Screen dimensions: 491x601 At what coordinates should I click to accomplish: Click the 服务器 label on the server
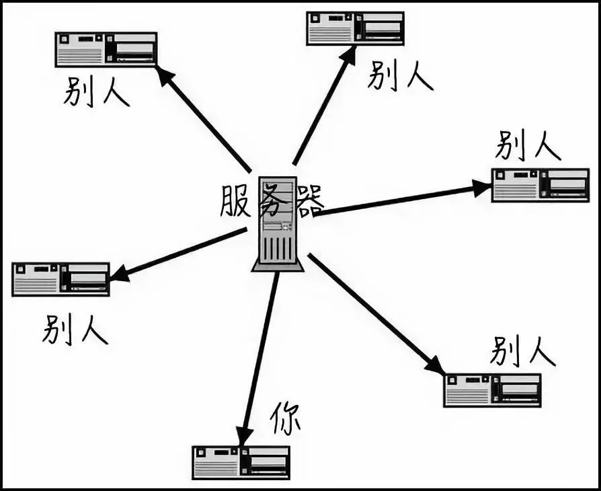tap(272, 200)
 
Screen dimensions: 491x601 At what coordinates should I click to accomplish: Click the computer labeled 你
tap(241, 462)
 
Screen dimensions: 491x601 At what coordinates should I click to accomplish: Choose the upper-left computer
tap(106, 49)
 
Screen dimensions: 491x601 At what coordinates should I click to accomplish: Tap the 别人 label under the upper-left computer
tap(97, 91)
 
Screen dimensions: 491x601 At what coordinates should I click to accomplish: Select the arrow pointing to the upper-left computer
tap(204, 118)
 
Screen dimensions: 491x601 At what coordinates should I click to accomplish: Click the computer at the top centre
tap(355, 28)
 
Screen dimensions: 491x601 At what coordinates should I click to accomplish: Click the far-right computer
tap(540, 185)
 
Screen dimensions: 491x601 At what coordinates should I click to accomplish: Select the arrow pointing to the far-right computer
tap(403, 199)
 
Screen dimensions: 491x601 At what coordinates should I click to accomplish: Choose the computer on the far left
tap(61, 279)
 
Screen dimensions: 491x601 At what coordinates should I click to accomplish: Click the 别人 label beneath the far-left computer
tap(75, 330)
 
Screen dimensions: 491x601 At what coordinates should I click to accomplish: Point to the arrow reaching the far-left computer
tap(178, 254)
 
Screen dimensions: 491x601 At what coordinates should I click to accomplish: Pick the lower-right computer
tap(492, 390)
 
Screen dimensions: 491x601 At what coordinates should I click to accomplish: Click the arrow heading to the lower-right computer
tap(376, 313)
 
